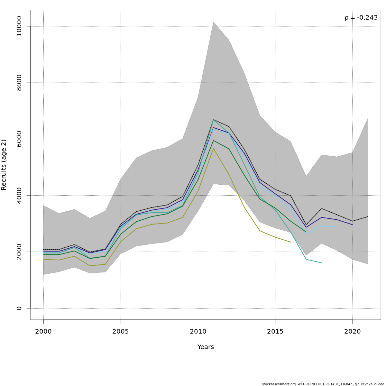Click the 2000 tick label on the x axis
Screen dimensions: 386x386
[43, 332]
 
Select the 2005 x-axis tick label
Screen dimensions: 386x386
[121, 332]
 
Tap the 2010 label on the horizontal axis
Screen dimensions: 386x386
[198, 332]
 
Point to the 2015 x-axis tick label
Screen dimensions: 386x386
[275, 332]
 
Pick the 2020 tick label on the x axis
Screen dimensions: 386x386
[352, 332]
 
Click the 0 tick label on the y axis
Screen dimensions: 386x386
[19, 308]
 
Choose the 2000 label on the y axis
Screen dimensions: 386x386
[19, 252]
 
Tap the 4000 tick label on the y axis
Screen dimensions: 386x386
[19, 195]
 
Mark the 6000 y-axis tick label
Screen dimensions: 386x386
[19, 139]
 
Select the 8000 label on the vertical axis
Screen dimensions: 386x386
[19, 83]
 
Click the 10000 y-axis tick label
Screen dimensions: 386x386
[19, 26]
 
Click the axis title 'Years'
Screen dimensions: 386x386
[206, 347]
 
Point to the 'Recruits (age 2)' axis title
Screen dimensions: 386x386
[4, 165]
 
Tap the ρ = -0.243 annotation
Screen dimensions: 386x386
[361, 18]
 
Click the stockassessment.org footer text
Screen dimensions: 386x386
[323, 384]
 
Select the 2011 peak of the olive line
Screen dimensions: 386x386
[213, 148]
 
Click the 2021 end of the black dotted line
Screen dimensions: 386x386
[368, 216]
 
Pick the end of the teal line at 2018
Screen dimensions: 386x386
[321, 263]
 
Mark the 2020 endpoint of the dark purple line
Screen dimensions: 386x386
[352, 225]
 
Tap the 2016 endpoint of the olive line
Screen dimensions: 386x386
[290, 242]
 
